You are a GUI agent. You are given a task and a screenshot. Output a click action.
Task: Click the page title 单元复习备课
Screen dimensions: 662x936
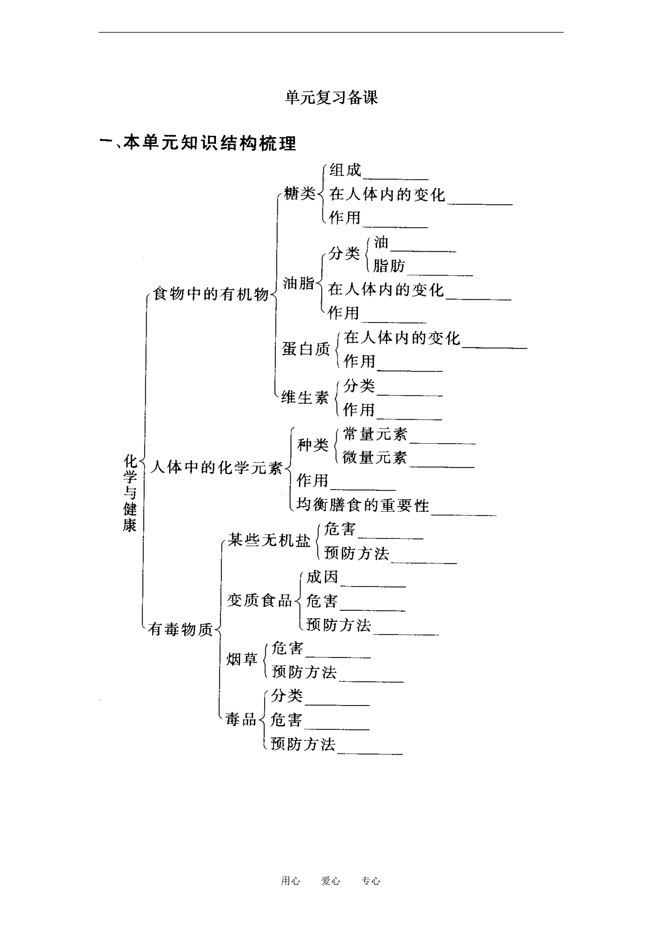click(x=331, y=98)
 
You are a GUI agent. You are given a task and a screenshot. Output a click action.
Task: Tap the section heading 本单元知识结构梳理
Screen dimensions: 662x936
click(x=210, y=143)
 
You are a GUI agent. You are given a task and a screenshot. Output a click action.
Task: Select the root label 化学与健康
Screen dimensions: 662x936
click(x=130, y=493)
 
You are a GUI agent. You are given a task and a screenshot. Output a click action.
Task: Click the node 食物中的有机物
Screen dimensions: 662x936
click(x=211, y=294)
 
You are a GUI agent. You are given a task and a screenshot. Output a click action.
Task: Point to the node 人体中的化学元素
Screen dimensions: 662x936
click(x=216, y=467)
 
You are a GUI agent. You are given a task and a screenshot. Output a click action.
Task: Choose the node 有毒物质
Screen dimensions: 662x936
click(x=180, y=629)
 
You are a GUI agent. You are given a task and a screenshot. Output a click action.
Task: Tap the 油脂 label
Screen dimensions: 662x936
click(x=299, y=283)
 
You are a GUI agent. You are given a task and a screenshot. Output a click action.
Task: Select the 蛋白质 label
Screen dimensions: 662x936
click(x=306, y=348)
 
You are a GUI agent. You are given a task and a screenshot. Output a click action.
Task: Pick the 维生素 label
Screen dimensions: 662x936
click(x=305, y=397)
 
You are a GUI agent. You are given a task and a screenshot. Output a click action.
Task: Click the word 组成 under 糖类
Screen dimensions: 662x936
click(x=345, y=170)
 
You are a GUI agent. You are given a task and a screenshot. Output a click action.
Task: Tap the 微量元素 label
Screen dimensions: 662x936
click(x=374, y=457)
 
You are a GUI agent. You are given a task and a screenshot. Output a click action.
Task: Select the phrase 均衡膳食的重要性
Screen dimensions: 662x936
click(x=363, y=505)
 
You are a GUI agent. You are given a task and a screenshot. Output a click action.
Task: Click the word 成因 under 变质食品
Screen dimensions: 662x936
click(x=322, y=576)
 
